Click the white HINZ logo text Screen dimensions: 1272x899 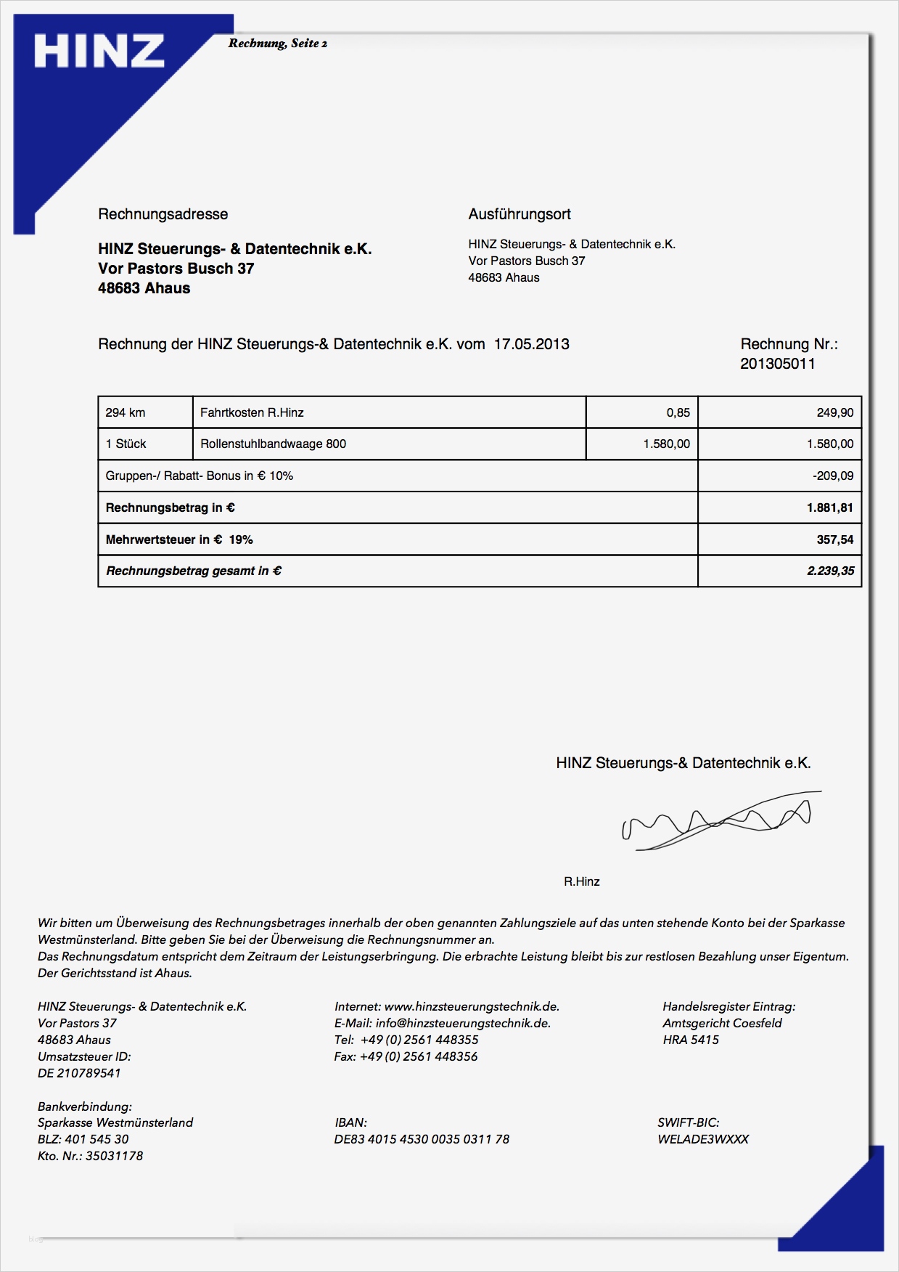coord(99,52)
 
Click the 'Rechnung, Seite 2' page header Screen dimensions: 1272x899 coord(277,44)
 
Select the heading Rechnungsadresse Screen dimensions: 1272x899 coord(163,214)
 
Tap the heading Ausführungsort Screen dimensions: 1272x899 coord(520,214)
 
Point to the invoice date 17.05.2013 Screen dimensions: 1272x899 coord(531,344)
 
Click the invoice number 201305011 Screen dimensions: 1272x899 coord(777,364)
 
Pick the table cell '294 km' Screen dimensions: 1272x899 coord(126,412)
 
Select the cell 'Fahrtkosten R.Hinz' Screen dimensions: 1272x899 coord(252,412)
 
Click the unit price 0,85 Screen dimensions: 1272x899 coord(678,412)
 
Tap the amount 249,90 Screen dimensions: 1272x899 coord(834,412)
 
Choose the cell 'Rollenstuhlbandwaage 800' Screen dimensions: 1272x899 coord(273,444)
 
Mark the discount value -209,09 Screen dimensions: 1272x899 coord(833,476)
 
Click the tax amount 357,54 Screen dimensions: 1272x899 coord(834,539)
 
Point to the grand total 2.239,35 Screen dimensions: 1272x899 coord(830,571)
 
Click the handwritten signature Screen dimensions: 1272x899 coord(718,820)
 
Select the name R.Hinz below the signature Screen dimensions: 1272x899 coord(581,881)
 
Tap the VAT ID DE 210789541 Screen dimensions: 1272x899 coord(79,1073)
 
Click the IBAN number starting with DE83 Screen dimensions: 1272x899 coord(422,1139)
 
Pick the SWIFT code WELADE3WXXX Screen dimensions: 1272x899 coord(702,1139)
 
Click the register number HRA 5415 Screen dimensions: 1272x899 coord(690,1040)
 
